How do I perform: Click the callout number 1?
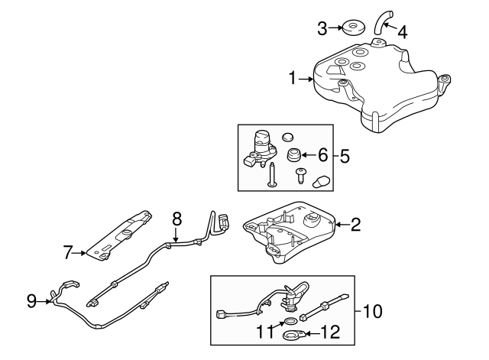click(x=293, y=78)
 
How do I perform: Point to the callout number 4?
click(x=402, y=32)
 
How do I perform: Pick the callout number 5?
click(x=345, y=156)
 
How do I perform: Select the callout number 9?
click(x=31, y=301)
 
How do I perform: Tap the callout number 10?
click(x=373, y=311)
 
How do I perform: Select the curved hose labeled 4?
click(x=382, y=21)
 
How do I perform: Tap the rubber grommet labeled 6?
click(x=293, y=157)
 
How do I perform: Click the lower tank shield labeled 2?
click(x=290, y=233)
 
